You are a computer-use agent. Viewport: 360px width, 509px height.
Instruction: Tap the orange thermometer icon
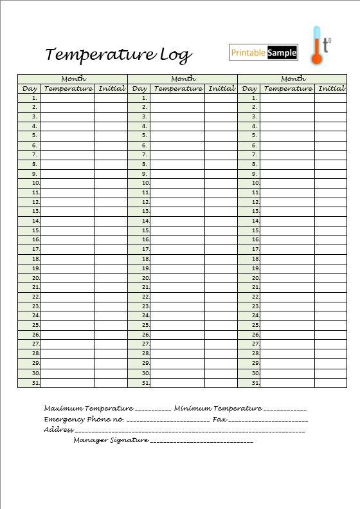tap(316, 46)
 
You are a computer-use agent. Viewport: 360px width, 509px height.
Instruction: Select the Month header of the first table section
tap(73, 79)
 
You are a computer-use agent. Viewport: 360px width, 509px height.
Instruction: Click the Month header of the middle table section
tap(183, 79)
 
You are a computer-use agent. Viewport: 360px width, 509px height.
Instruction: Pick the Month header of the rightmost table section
tap(293, 79)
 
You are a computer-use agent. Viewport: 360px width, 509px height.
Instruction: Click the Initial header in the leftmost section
tap(111, 88)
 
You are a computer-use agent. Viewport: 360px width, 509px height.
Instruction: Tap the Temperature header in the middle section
tap(178, 88)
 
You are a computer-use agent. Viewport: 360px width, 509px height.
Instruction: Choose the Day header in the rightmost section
tap(249, 88)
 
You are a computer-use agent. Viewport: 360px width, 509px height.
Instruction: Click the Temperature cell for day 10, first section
tap(67, 183)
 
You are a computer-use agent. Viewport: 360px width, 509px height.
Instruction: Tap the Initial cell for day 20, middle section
tap(221, 278)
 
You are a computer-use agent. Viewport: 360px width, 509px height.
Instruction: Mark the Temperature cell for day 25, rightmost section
tap(287, 326)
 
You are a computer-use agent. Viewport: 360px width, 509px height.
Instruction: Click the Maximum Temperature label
tap(89, 408)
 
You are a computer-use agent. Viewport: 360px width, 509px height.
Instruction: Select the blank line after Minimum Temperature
tap(285, 409)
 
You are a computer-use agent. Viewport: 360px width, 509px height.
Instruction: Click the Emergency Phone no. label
tap(84, 419)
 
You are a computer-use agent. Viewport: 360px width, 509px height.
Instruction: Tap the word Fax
tap(219, 419)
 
